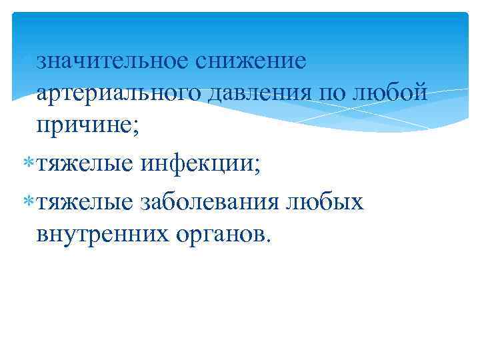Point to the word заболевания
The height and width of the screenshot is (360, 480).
pos(210,201)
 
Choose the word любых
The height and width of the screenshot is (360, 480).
pos(326,201)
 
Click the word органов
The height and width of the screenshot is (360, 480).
pos(216,233)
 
